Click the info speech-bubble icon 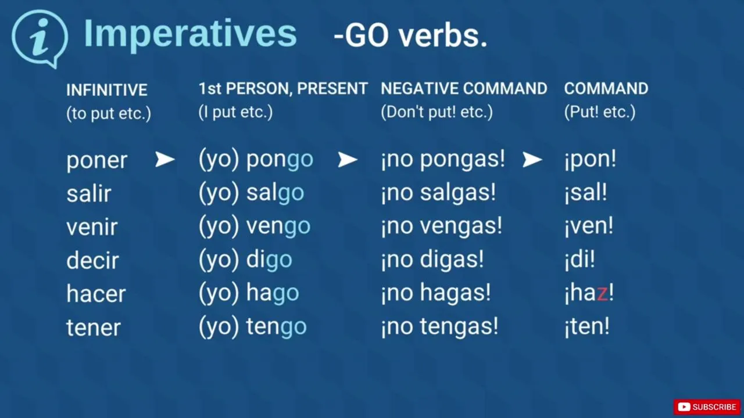[40, 38]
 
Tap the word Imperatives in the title [190, 34]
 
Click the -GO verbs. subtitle [410, 36]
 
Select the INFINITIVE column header [106, 90]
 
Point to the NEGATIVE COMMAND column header [464, 89]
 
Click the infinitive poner [96, 161]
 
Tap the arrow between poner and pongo [164, 159]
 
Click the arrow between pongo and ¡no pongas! [348, 160]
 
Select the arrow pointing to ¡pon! [532, 160]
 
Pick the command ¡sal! [585, 192]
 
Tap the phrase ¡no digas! [432, 260]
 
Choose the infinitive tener [94, 327]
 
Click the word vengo [278, 226]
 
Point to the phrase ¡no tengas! [440, 326]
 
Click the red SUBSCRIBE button [707, 407]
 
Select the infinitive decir [92, 261]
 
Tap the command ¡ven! [589, 226]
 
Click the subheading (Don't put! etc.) [437, 112]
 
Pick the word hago [273, 293]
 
